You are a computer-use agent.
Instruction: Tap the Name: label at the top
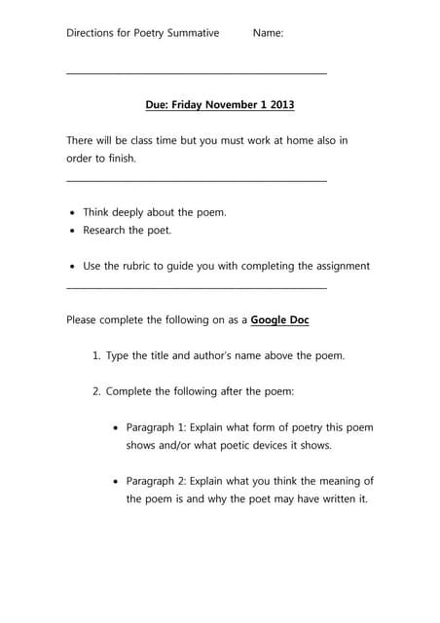tap(268, 33)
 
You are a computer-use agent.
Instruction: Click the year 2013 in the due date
tap(280, 105)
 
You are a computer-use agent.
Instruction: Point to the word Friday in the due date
tap(186, 105)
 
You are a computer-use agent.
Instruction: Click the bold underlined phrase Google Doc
tap(280, 319)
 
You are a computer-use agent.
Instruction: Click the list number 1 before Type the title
tap(96, 355)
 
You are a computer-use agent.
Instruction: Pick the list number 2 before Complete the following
tap(96, 391)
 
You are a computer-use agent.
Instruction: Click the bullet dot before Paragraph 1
tap(117, 427)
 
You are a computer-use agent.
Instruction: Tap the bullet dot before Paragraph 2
tap(117, 481)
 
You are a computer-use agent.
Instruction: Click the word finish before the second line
tap(118, 158)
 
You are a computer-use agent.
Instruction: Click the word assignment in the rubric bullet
tap(338, 266)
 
